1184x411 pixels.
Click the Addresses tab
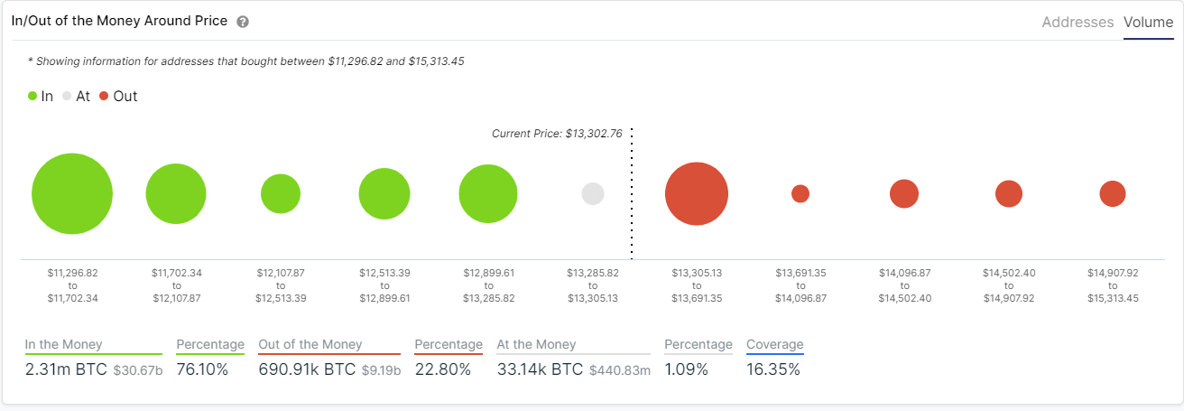[1078, 22]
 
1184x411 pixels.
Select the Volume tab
[1148, 22]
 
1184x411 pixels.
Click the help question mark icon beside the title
[243, 22]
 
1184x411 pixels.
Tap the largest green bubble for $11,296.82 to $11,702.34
[72, 194]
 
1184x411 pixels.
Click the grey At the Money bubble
[593, 194]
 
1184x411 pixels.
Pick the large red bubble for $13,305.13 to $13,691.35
[697, 194]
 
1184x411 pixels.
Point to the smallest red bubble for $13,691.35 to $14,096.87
[800, 193]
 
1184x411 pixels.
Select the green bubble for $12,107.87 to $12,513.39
[281, 194]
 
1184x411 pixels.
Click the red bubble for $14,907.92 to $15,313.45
[1113, 193]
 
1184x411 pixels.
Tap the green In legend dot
[32, 96]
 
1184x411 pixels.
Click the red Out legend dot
[104, 96]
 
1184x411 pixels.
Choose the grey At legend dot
[67, 96]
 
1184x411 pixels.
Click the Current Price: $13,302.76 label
[557, 134]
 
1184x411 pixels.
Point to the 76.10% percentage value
[202, 369]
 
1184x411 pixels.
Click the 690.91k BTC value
[307, 369]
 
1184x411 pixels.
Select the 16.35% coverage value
[772, 369]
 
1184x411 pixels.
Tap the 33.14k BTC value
[539, 369]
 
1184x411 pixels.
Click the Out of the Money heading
[310, 344]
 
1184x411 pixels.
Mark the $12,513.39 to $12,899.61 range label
[384, 285]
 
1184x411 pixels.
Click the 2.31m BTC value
[66, 369]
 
